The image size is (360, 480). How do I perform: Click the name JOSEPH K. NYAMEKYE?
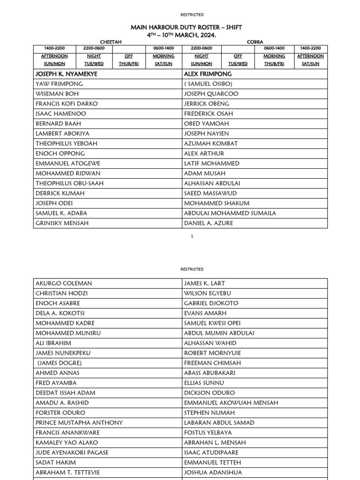tap(67, 74)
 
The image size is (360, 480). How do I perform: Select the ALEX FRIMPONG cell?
tap(208, 74)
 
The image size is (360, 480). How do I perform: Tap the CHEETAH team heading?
tap(111, 42)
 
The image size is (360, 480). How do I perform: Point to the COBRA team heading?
tap(255, 42)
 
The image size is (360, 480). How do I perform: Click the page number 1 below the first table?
tap(192, 236)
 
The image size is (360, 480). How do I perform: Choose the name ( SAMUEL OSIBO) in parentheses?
tap(208, 84)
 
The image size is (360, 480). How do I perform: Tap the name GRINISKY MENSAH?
tap(62, 223)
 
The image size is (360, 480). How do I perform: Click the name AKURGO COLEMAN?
tap(64, 283)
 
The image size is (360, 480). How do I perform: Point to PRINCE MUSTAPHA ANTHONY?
tap(79, 422)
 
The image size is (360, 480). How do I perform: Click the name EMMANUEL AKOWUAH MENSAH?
tap(231, 403)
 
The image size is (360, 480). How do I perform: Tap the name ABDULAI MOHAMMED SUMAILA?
tap(230, 213)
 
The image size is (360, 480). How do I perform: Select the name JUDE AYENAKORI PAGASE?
tap(72, 452)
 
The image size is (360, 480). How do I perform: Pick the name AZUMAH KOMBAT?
tap(211, 143)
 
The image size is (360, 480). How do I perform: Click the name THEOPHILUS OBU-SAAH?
tap(69, 183)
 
